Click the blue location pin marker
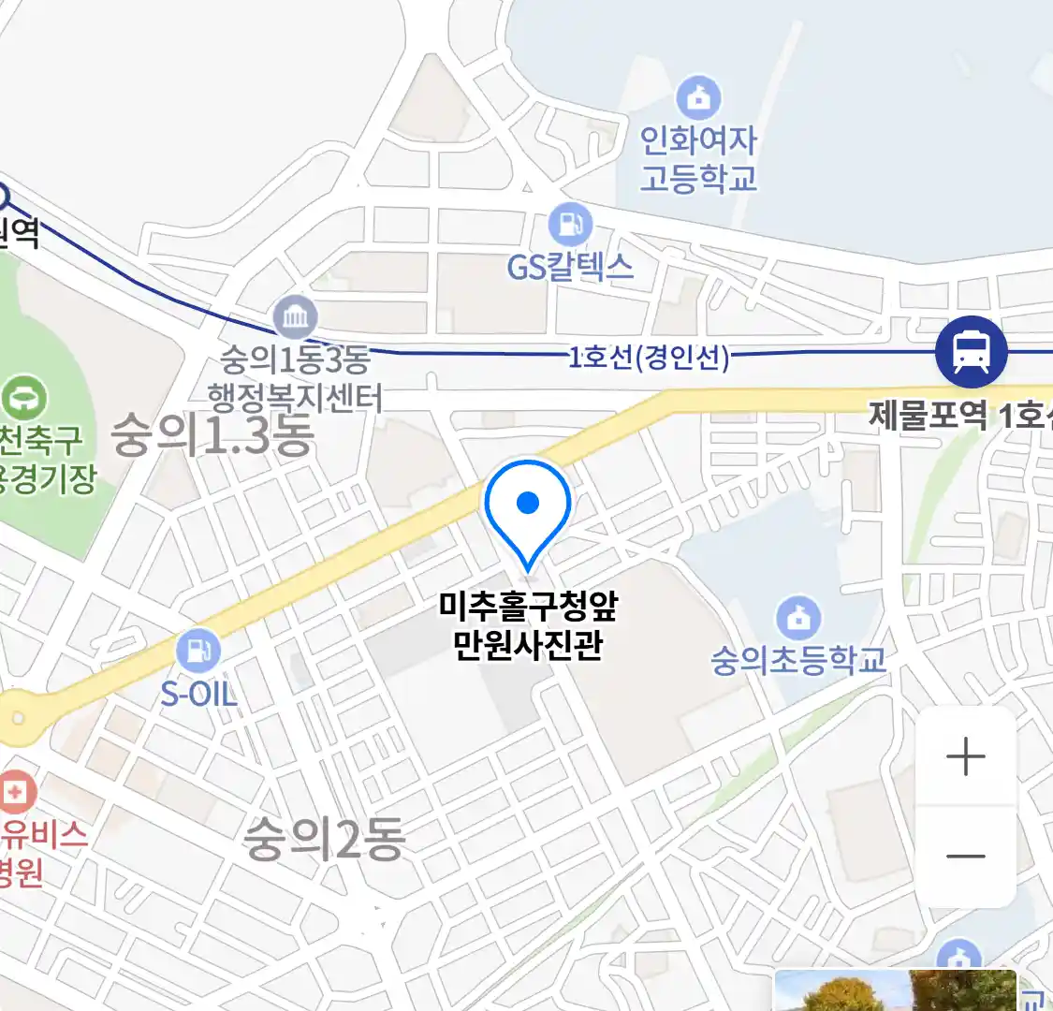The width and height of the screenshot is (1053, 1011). [528, 505]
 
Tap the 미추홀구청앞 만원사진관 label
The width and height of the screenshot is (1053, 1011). [528, 625]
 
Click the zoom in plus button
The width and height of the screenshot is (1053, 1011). [966, 756]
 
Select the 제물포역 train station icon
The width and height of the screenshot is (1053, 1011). [972, 352]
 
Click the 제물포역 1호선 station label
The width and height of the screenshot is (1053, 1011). [959, 415]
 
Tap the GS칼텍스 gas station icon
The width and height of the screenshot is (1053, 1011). [570, 225]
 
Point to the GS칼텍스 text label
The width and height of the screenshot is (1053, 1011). [570, 268]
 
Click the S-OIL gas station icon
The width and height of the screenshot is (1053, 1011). [198, 650]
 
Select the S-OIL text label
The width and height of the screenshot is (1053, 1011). [198, 694]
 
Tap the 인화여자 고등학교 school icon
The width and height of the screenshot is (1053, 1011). [698, 97]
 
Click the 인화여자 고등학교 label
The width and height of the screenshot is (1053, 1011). [698, 159]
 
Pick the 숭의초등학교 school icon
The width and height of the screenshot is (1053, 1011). [798, 618]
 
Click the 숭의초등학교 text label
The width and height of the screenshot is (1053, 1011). [798, 660]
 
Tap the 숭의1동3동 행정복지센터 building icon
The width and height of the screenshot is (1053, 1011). [296, 318]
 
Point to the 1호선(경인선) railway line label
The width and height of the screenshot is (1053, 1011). [649, 357]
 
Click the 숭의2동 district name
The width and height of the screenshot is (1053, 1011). [324, 838]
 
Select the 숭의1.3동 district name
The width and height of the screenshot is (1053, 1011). [212, 436]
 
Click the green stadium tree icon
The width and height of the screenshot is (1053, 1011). [24, 398]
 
